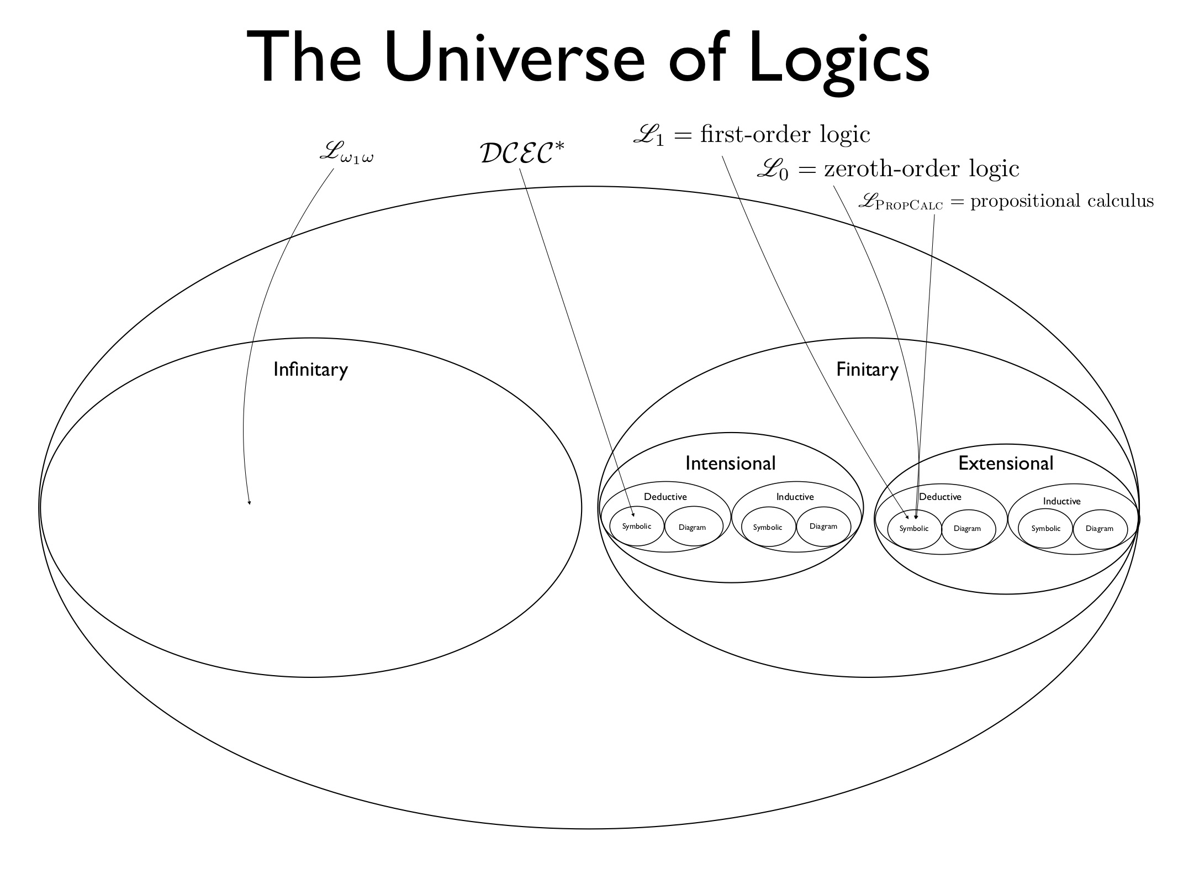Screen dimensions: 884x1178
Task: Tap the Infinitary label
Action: click(x=310, y=369)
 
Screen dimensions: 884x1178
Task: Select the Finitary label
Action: click(x=867, y=369)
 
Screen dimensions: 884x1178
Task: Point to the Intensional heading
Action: click(x=730, y=463)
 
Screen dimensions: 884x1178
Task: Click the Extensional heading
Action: click(x=1006, y=463)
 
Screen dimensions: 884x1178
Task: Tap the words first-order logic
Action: click(x=785, y=134)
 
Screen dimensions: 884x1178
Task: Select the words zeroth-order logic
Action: click(x=921, y=169)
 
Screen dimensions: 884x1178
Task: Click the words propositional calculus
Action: click(x=1061, y=201)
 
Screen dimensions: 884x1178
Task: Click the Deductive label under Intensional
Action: click(x=665, y=497)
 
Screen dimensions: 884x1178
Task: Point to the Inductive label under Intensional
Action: click(x=795, y=497)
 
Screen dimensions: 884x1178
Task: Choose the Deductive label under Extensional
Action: click(x=940, y=497)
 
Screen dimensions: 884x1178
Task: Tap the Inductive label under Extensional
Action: click(x=1061, y=501)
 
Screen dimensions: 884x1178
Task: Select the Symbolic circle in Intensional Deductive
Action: click(x=636, y=527)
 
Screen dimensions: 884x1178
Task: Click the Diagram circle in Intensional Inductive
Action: click(x=823, y=527)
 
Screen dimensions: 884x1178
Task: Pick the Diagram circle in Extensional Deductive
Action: click(x=967, y=529)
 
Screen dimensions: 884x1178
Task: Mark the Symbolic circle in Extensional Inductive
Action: click(x=1045, y=529)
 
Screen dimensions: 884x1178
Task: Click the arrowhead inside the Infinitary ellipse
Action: click(x=249, y=502)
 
